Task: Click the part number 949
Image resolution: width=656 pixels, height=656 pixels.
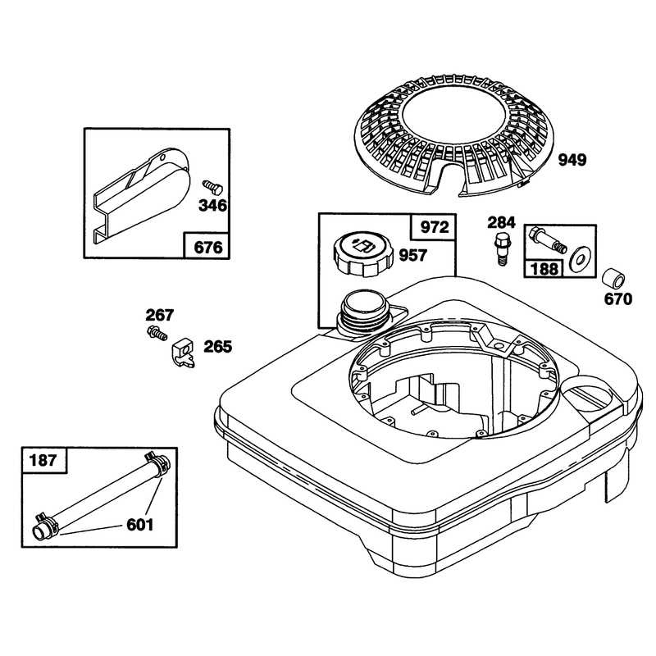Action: [x=572, y=160]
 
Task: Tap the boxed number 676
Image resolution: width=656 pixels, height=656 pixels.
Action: [x=208, y=248]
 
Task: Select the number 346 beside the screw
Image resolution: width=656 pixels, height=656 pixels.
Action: [x=212, y=206]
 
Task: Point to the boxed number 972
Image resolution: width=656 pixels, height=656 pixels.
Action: [x=435, y=227]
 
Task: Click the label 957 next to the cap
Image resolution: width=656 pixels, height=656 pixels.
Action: [x=413, y=255]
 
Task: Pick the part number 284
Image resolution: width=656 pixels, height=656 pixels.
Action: [x=501, y=222]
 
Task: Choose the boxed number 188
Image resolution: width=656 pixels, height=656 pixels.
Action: [x=544, y=269]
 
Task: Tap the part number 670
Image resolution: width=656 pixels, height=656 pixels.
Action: [x=618, y=299]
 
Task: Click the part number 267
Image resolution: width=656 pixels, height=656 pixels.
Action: [x=159, y=315]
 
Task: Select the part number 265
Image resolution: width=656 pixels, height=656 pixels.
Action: [x=217, y=347]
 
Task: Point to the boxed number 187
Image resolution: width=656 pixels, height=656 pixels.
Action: [x=43, y=460]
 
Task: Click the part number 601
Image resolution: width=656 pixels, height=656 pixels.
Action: [x=140, y=525]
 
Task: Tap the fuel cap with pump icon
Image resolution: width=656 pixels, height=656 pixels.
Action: [x=362, y=254]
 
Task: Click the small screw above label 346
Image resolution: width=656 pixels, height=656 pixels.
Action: [x=212, y=188]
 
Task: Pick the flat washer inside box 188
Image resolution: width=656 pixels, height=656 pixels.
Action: [x=579, y=260]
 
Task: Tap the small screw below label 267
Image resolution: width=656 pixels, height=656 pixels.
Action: [x=157, y=333]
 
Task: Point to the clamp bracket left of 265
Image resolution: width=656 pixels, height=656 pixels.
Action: [x=183, y=353]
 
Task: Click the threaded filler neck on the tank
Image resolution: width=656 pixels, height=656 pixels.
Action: [x=363, y=312]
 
